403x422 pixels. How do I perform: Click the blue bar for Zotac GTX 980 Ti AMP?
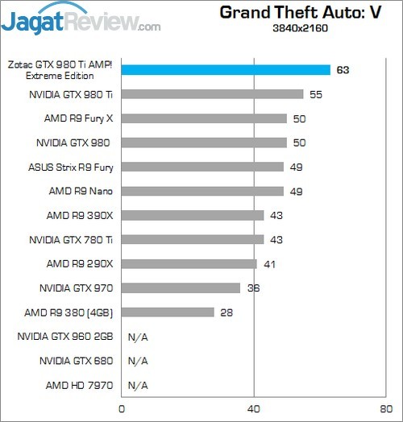(226, 70)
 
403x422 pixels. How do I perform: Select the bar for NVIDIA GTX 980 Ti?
(212, 94)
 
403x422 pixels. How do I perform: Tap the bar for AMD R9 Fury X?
(204, 118)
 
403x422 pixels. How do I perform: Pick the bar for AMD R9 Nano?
(202, 191)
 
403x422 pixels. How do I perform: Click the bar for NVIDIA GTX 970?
(181, 288)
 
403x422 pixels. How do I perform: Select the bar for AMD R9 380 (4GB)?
(168, 312)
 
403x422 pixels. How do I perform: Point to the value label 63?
(343, 70)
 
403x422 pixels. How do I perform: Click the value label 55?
(316, 94)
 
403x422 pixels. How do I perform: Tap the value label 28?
(226, 312)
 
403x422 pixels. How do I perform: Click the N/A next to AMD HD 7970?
(138, 384)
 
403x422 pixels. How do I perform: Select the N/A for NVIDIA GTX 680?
(138, 360)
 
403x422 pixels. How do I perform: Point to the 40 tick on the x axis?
(254, 409)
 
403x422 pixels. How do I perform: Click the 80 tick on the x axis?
(386, 409)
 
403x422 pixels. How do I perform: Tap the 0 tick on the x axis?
(121, 409)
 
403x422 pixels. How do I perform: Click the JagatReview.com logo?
(81, 19)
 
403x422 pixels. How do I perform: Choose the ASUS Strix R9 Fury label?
(71, 167)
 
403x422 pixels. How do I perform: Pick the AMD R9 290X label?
(80, 263)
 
